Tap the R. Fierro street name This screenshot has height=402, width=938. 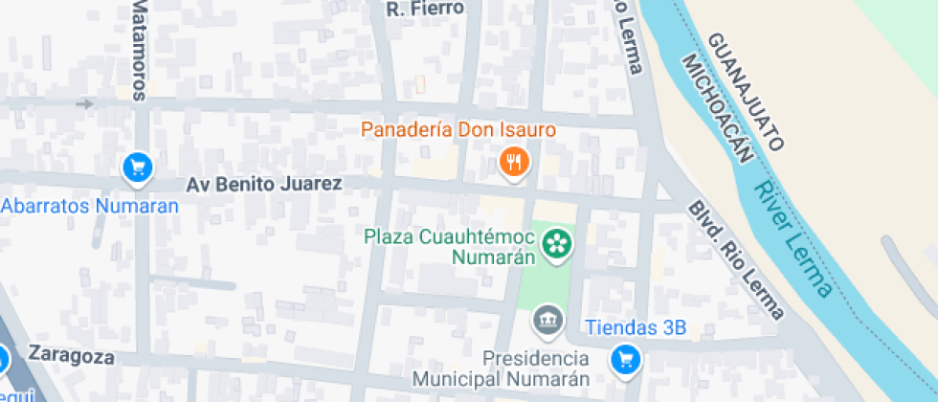pyautogui.click(x=424, y=9)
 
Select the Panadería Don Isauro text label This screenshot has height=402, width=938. pyautogui.click(x=458, y=129)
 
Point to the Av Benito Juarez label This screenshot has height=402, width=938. pyautogui.click(x=263, y=183)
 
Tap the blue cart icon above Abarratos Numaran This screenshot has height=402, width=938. pyautogui.click(x=138, y=167)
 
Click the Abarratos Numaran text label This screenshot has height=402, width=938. pyautogui.click(x=90, y=206)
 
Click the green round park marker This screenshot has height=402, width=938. pyautogui.click(x=555, y=244)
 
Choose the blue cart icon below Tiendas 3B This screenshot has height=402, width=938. pyautogui.click(x=626, y=360)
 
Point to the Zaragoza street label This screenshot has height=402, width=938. pyautogui.click(x=72, y=357)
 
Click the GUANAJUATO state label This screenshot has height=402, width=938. pyautogui.click(x=747, y=92)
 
